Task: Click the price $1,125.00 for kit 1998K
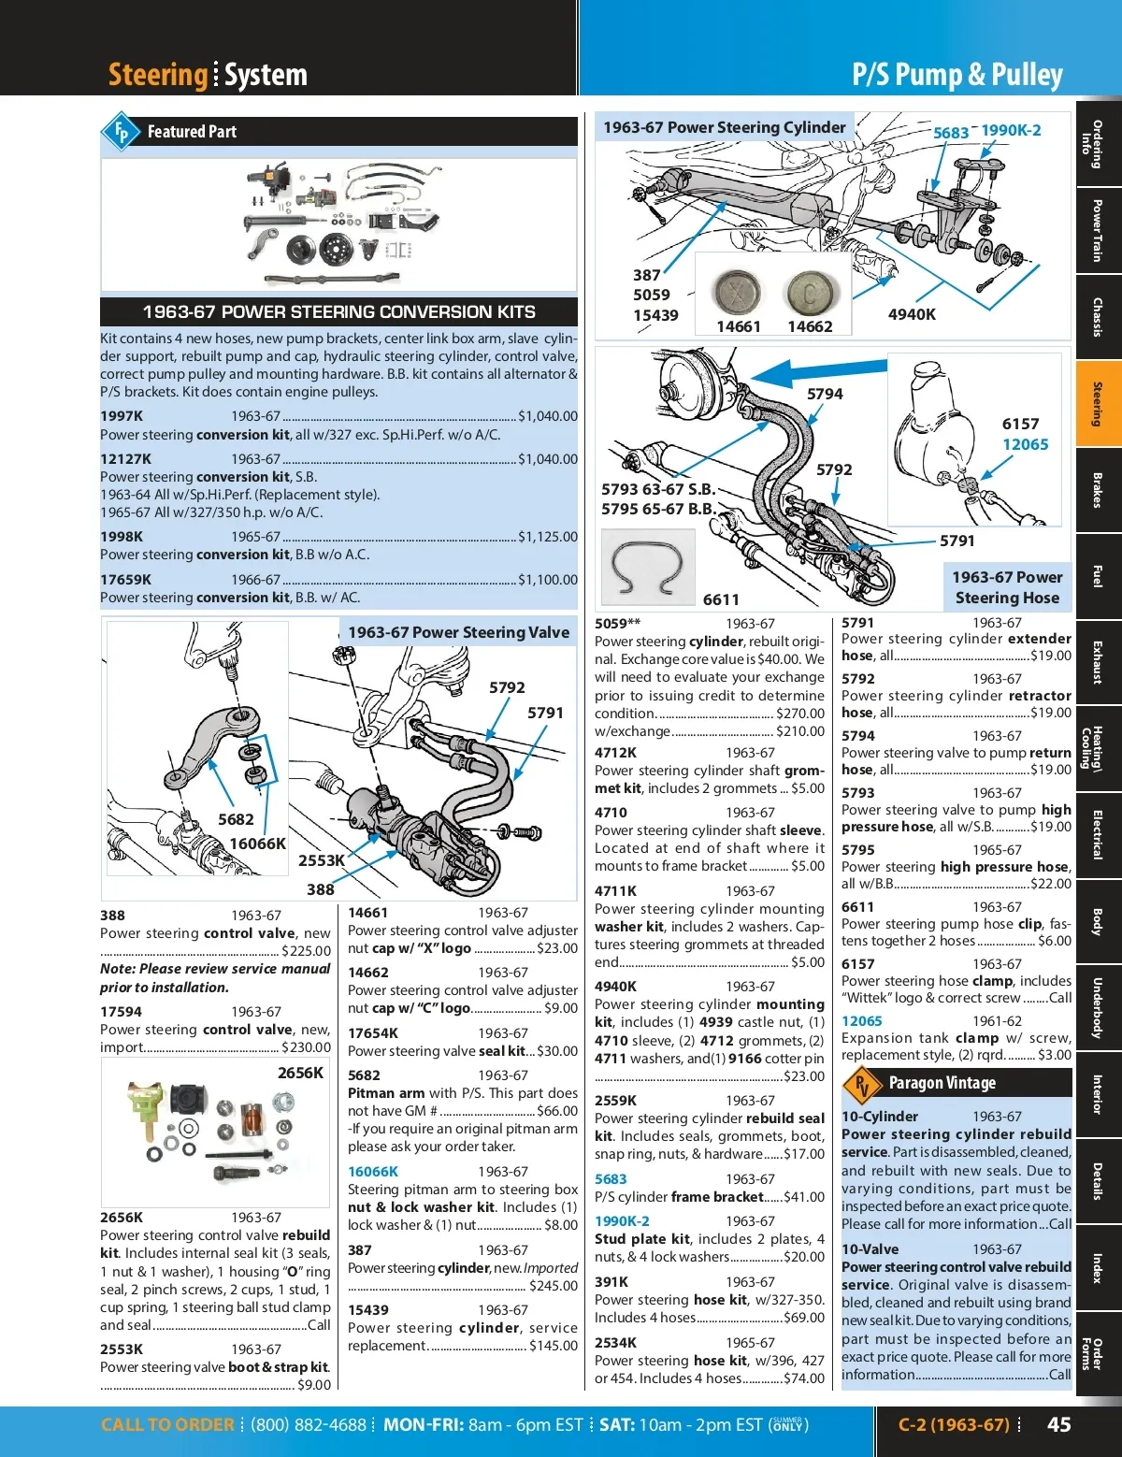548,537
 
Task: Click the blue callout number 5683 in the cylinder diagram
951,133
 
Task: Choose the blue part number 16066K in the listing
373,1172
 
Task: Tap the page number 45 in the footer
1058,1424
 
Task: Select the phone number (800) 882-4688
309,1425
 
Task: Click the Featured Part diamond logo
121,132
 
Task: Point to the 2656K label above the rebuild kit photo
300,1073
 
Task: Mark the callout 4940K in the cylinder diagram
912,314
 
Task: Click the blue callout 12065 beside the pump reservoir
1026,444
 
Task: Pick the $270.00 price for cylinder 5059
800,714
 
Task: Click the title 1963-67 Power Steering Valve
458,632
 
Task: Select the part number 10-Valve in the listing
870,1249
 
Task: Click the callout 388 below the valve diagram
321,889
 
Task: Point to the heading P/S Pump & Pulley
957,75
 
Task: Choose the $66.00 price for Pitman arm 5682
557,1111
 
